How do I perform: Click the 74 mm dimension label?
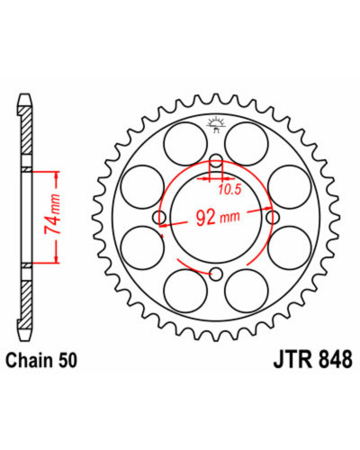52,214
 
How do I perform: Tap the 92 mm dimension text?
218,217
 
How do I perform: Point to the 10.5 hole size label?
229,189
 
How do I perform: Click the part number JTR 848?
312,359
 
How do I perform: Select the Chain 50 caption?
41,360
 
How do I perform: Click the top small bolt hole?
216,160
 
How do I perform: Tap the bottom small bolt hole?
216,274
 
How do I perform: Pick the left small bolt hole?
159,217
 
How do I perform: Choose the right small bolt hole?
273,217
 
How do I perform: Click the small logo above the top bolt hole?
216,125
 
